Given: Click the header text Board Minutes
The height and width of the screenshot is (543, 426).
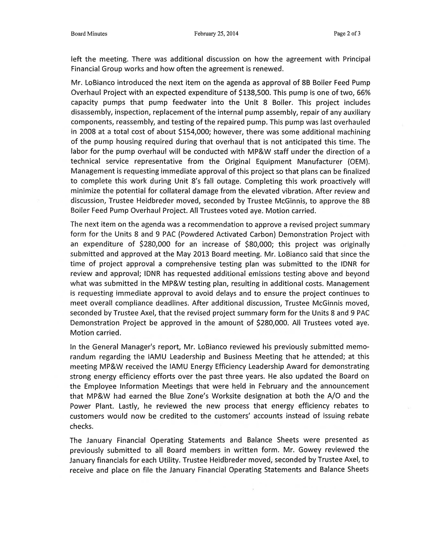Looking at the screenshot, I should pyautogui.click(x=89, y=34).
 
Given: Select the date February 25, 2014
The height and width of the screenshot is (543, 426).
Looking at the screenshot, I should pyautogui.click(x=216, y=34).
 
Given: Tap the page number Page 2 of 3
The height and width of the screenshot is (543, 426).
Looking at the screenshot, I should pyautogui.click(x=347, y=33).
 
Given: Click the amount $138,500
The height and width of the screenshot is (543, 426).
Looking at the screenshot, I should pyautogui.click(x=255, y=93).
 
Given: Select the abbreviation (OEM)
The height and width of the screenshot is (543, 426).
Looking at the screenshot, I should pyautogui.click(x=357, y=162).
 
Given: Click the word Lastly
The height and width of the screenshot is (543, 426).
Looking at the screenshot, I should pyautogui.click(x=129, y=406).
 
